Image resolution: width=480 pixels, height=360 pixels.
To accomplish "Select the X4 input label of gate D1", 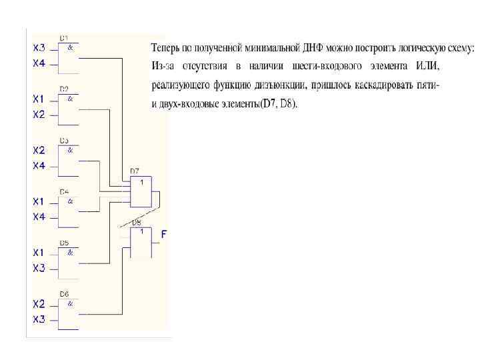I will (39, 63).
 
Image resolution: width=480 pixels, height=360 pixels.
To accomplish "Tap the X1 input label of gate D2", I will (39, 99).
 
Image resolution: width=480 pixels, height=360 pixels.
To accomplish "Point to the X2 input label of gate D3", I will (39, 150).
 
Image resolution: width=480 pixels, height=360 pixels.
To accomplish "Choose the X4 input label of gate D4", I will (39, 217).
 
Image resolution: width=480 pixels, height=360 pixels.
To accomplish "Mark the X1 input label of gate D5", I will (39, 253).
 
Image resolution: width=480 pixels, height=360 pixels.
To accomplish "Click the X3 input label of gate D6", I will (39, 319).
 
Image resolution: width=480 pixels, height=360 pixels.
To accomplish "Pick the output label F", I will (164, 234).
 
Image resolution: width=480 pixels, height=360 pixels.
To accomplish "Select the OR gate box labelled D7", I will (141, 192).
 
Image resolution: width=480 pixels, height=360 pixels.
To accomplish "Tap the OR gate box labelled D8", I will (141, 243).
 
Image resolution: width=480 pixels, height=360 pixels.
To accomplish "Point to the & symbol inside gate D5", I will (70, 253).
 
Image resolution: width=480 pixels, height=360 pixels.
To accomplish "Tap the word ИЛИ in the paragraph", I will (427, 67).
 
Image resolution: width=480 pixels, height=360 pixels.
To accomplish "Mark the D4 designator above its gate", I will (64, 192).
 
